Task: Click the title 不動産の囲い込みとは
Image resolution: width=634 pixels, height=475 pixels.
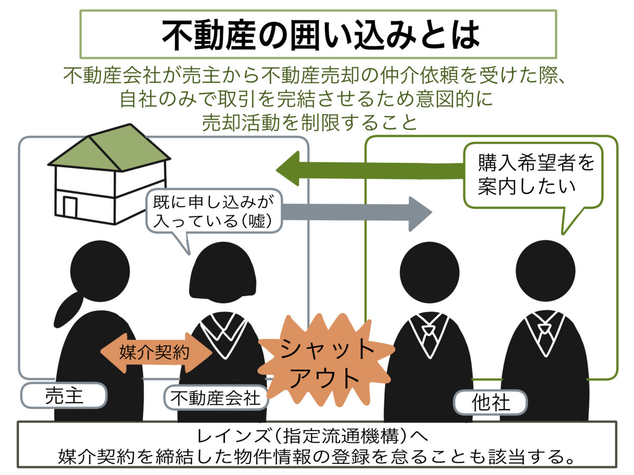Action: click(318, 34)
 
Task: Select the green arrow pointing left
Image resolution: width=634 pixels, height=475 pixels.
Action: click(370, 169)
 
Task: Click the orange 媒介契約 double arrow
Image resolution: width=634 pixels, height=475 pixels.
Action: click(155, 352)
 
